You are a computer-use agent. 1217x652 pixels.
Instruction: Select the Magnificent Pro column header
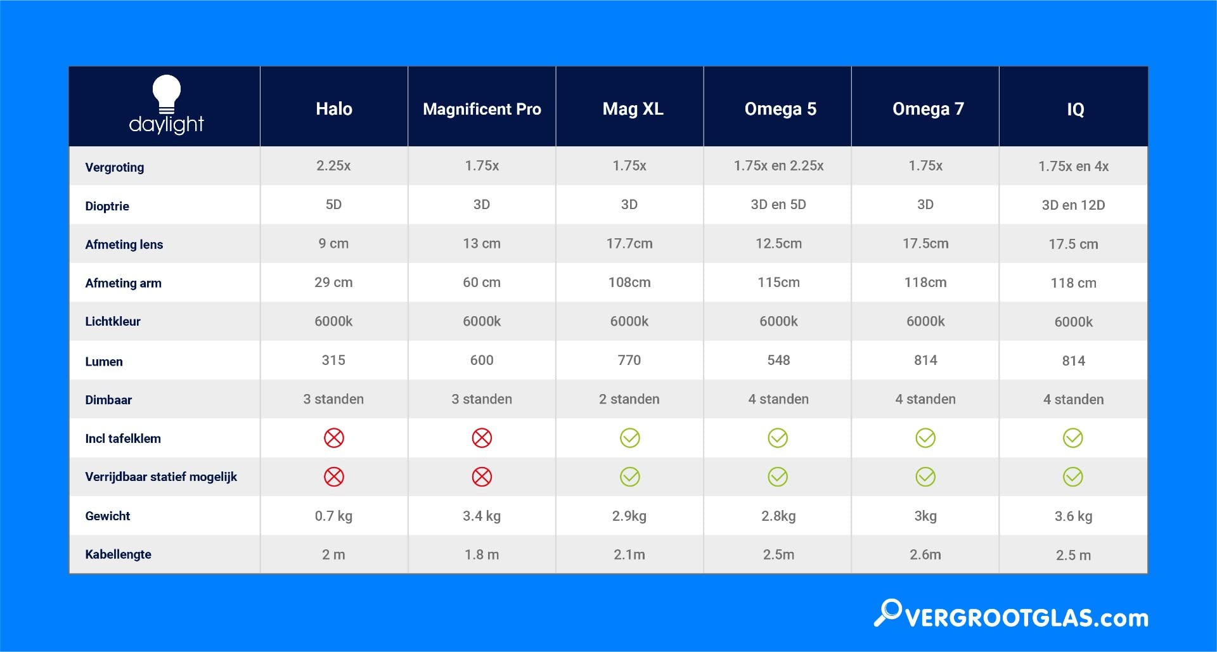coord(482,109)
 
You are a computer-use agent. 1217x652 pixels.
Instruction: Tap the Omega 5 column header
coord(780,109)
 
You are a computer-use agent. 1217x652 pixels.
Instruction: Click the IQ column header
coord(1075,110)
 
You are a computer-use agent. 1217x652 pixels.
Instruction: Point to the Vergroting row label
coord(115,167)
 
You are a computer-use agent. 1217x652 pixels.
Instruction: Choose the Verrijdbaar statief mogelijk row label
coord(161,476)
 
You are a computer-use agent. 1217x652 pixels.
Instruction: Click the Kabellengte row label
coord(119,554)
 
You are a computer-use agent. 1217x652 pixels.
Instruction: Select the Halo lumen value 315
coord(333,361)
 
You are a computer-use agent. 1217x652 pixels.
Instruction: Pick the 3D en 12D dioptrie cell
coord(1073,205)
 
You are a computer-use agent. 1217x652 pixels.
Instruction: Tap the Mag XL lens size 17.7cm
coord(629,244)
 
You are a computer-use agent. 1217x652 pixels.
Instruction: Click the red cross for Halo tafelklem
coord(334,438)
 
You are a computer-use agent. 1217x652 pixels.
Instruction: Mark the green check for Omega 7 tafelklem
coord(925,438)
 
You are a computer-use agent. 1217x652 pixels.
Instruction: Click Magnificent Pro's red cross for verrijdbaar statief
coord(482,477)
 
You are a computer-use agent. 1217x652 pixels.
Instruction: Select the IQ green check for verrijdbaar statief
coord(1073,477)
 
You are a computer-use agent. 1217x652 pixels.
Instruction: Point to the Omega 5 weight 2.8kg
coord(778,516)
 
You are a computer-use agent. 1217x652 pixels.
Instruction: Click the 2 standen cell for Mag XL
coord(629,399)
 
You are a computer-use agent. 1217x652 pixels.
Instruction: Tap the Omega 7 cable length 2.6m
coord(925,555)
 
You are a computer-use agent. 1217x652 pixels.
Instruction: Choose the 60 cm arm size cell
coord(482,283)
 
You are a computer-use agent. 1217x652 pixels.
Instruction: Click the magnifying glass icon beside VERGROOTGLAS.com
coord(888,612)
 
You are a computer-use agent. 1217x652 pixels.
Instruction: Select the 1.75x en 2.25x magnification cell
coord(778,166)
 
